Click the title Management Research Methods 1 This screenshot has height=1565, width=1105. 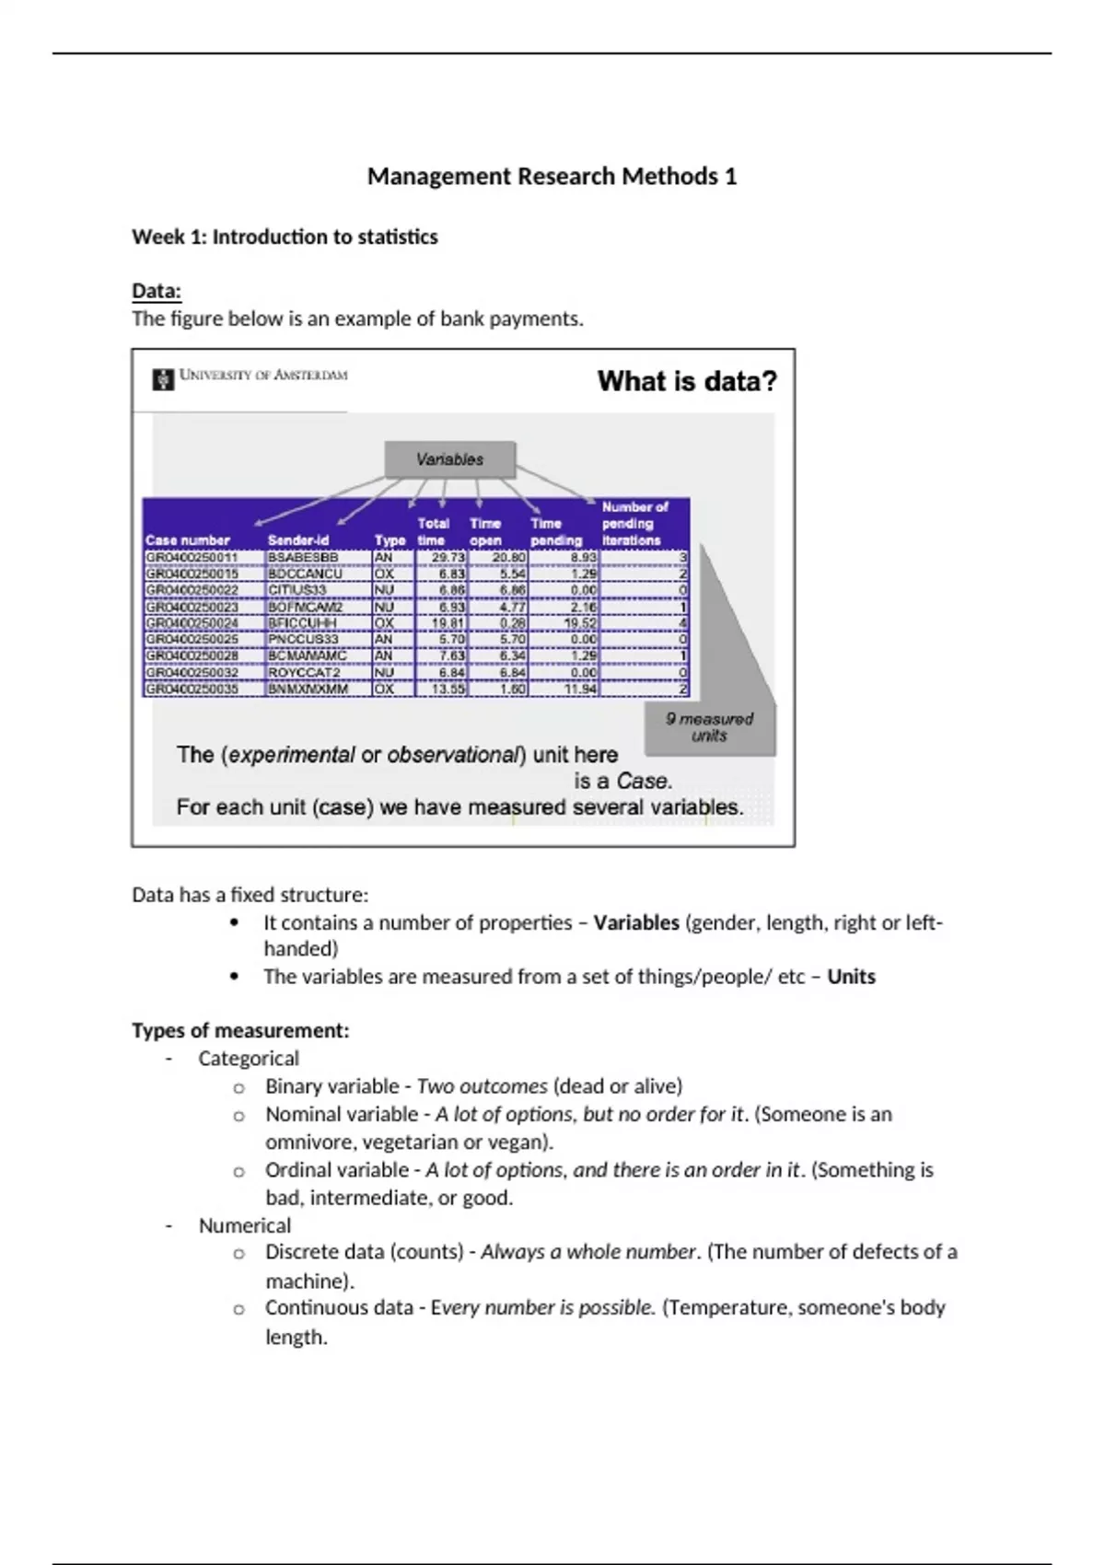click(552, 176)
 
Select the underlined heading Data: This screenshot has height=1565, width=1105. click(157, 291)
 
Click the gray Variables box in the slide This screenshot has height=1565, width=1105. click(449, 459)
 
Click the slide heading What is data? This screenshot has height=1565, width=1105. click(687, 381)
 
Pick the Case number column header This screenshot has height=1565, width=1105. click(188, 540)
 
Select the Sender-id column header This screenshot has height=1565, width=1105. click(297, 540)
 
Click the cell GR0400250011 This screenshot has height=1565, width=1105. click(192, 557)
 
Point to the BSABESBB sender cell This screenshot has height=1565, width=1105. click(303, 557)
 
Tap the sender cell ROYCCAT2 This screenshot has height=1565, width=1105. click(304, 673)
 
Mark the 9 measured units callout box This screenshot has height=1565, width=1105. click(709, 727)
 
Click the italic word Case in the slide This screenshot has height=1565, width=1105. click(644, 781)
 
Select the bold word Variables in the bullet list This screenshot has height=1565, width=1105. click(636, 922)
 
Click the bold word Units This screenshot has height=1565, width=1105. click(851, 977)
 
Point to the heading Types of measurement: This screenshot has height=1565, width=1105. click(240, 1030)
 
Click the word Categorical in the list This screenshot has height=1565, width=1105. click(249, 1059)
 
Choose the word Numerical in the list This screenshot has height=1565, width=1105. click(244, 1225)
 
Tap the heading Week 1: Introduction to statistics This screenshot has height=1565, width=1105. click(285, 237)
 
